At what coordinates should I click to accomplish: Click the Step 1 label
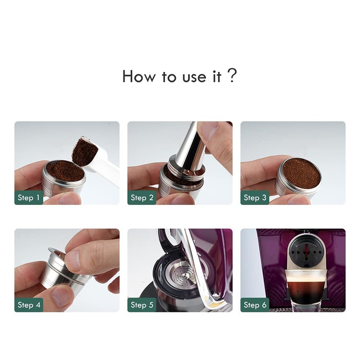29,197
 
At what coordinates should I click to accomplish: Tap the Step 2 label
142,197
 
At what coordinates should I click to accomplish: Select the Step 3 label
255,197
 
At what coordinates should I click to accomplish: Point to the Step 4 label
29,305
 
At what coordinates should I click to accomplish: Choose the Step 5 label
142,305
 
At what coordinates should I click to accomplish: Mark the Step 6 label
255,305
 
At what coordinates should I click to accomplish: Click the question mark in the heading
232,76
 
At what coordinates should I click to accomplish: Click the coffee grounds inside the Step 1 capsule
65,171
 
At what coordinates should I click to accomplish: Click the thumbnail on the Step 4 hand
74,261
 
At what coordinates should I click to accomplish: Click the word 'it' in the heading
216,76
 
